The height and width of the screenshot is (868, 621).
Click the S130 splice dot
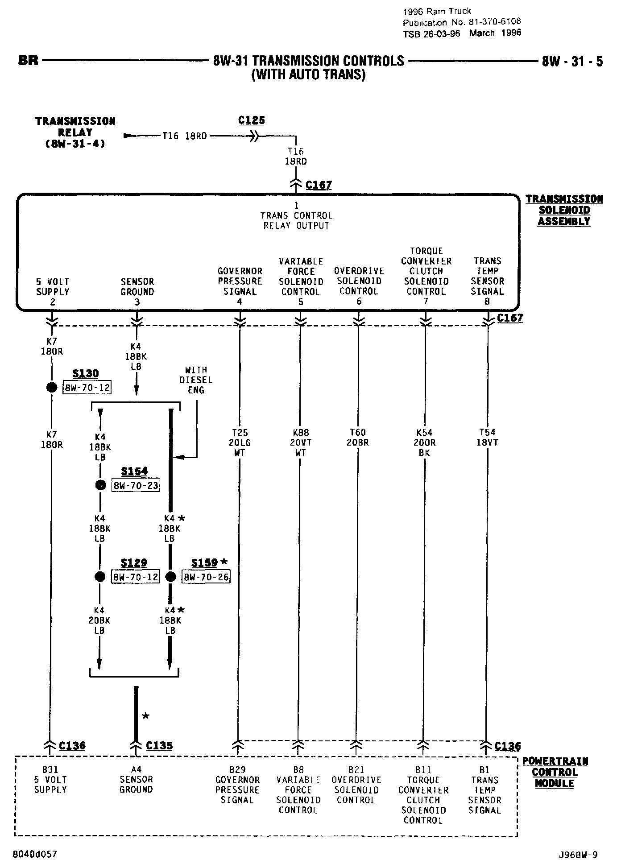click(x=52, y=387)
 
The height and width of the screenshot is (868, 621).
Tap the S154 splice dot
click(x=100, y=485)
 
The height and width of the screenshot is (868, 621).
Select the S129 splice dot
click(x=100, y=577)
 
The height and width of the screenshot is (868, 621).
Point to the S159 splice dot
click(x=170, y=577)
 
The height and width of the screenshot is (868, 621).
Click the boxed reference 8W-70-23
click(x=136, y=485)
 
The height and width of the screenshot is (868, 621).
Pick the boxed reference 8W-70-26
click(x=206, y=577)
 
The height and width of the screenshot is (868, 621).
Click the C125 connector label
click(x=252, y=120)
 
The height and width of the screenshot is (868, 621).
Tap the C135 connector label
click(x=159, y=746)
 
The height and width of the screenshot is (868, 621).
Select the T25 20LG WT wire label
click(x=240, y=442)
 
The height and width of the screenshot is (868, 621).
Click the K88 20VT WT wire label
click(x=301, y=442)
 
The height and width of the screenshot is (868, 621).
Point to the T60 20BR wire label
click(x=358, y=438)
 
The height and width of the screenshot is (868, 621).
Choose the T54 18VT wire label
click(x=488, y=438)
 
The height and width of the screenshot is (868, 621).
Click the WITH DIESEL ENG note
click(x=196, y=380)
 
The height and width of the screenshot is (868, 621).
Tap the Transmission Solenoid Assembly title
click(x=564, y=210)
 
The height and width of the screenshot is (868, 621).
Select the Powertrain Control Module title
click(x=555, y=772)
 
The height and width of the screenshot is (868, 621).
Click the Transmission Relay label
click(x=75, y=132)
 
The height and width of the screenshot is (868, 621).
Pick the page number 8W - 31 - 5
click(x=572, y=61)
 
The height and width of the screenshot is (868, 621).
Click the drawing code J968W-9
click(x=577, y=855)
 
